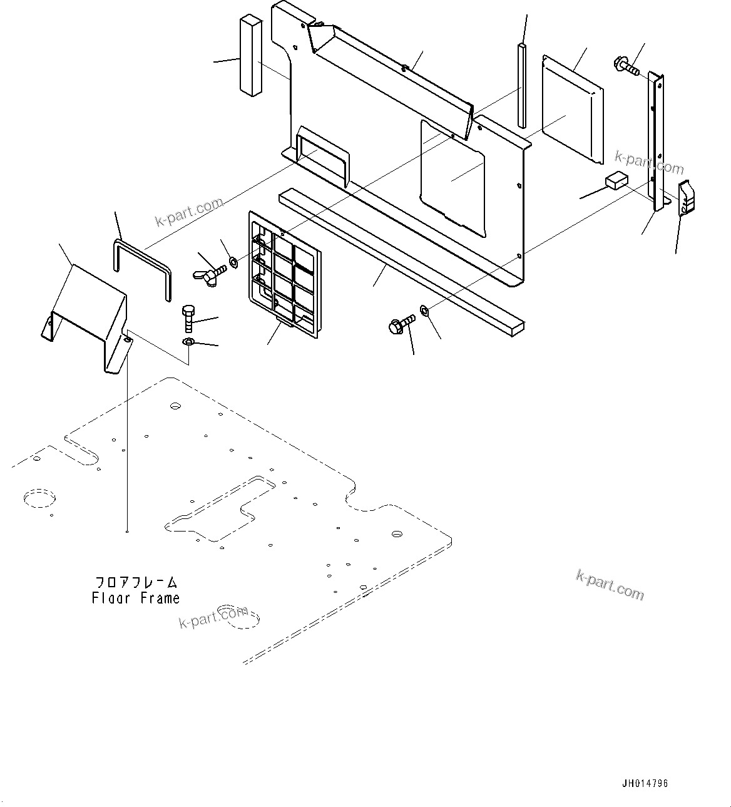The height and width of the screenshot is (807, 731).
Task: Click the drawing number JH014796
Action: (644, 783)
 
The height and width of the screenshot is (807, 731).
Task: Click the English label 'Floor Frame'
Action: (136, 598)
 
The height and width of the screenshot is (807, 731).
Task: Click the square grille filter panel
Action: (285, 275)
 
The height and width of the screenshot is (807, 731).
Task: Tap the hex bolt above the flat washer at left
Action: (189, 319)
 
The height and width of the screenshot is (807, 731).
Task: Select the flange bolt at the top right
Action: (626, 66)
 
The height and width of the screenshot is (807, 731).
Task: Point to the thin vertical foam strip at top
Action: (522, 85)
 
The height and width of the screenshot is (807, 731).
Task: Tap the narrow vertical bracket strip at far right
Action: (657, 141)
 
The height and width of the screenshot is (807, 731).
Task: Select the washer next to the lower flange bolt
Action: (424, 310)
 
